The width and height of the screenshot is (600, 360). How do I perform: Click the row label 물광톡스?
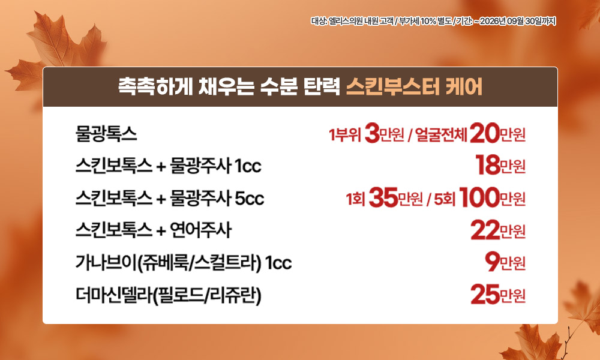(x=106, y=134)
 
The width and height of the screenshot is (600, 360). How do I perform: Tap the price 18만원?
(x=500, y=165)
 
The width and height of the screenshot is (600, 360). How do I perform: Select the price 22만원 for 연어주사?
(x=498, y=230)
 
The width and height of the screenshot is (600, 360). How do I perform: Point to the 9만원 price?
(x=505, y=262)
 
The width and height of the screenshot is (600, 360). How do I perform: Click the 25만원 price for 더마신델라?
(x=498, y=294)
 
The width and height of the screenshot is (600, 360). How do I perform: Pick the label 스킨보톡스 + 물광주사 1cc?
(x=169, y=166)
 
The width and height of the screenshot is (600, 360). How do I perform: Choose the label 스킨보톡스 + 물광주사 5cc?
(x=170, y=198)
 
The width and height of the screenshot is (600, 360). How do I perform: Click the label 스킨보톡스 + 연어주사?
(x=154, y=230)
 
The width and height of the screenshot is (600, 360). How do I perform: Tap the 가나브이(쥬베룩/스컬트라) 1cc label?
(x=184, y=263)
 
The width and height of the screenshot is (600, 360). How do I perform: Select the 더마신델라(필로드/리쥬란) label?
(x=169, y=295)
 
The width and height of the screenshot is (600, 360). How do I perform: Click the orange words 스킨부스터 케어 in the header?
(x=414, y=87)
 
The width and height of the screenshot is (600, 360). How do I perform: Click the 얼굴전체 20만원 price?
(x=470, y=133)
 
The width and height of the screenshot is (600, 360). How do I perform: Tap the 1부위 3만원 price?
(x=367, y=133)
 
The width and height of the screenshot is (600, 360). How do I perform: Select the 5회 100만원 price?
(x=480, y=198)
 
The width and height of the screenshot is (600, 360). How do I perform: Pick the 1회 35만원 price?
(x=384, y=198)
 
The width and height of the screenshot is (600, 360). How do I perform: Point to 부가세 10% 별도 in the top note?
(x=425, y=21)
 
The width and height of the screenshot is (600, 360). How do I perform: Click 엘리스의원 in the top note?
(x=346, y=21)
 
